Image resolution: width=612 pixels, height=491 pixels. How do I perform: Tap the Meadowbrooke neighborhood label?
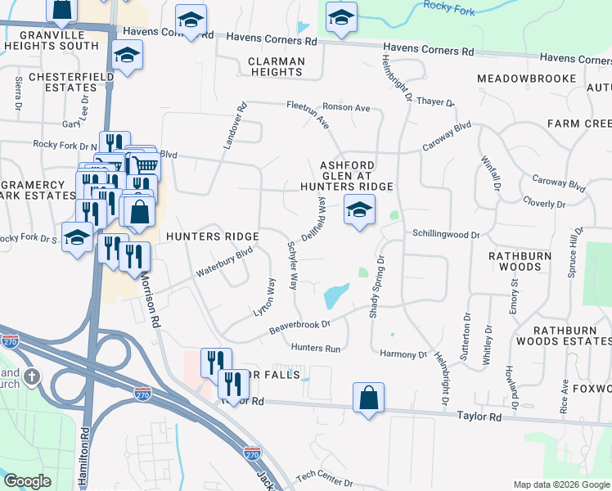[529, 78]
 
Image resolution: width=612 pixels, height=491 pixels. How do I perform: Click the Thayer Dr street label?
[434, 102]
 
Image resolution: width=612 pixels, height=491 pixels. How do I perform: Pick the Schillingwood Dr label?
[445, 235]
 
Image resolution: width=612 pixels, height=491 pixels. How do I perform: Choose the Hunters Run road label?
[315, 349]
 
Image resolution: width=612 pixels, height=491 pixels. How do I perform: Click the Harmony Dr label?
[404, 354]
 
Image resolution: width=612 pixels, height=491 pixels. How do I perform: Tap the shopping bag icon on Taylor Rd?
[369, 399]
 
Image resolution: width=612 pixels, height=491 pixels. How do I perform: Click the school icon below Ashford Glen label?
[358, 210]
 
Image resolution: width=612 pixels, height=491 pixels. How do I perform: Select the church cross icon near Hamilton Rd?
[32, 377]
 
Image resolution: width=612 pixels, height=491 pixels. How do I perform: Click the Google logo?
[26, 481]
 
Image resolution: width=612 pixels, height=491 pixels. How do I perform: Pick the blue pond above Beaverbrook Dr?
[336, 295]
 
